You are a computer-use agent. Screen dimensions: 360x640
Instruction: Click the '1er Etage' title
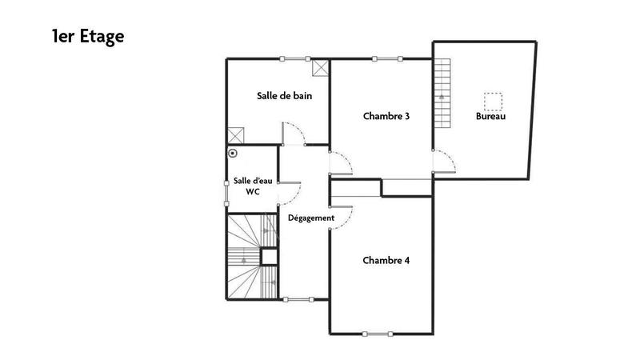point(88,36)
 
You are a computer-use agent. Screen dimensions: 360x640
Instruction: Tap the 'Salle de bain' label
point(284,96)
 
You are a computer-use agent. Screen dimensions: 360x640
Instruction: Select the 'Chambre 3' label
point(386,116)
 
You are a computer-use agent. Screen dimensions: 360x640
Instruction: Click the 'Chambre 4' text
point(386,260)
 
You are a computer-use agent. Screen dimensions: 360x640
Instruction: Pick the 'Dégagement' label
point(305,218)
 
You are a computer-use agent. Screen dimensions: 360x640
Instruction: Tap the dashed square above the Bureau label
point(492,101)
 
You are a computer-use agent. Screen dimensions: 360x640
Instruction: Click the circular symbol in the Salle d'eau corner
point(233,152)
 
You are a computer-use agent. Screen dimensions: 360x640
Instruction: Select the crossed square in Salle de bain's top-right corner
point(321,67)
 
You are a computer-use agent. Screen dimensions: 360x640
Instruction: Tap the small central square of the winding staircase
point(270,256)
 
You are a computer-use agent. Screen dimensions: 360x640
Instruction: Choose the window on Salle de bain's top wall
point(295,58)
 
